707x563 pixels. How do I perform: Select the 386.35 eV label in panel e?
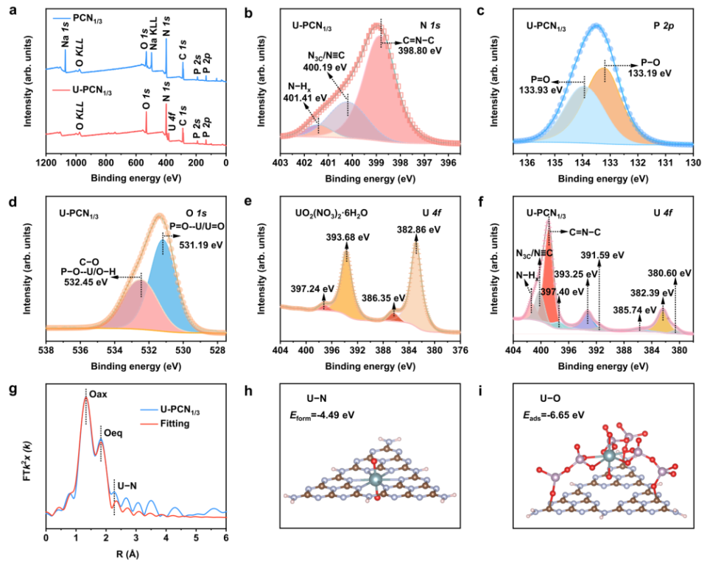[x=380, y=300]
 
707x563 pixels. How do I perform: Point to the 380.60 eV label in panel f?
[x=675, y=273]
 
